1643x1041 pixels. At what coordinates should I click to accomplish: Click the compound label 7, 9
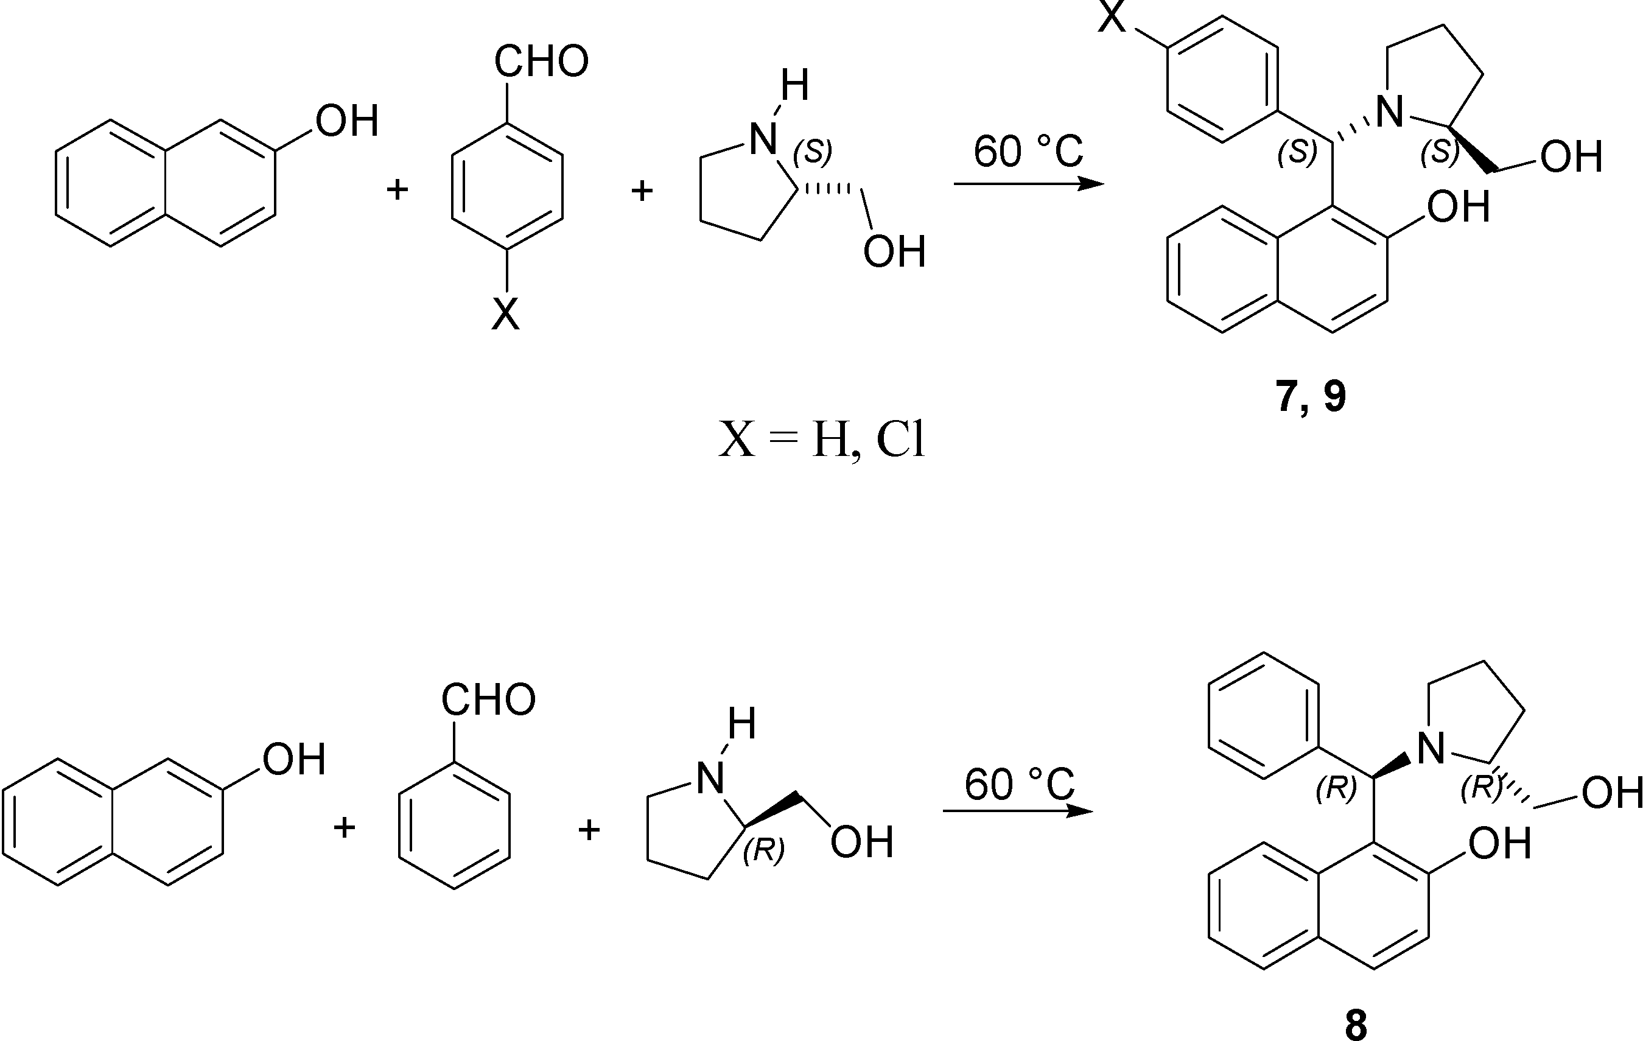click(x=1310, y=396)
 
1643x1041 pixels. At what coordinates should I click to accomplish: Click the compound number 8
click(x=1356, y=1024)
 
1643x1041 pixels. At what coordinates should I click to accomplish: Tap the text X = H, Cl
click(x=822, y=440)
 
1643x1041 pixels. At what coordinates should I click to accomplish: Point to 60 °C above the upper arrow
click(x=1028, y=152)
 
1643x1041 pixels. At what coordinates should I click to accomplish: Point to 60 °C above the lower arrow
click(x=1018, y=785)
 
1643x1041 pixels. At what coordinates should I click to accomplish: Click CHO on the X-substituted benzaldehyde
click(x=541, y=61)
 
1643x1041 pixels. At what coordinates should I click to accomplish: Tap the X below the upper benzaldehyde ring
click(x=506, y=315)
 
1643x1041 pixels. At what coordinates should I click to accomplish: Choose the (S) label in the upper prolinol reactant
click(x=812, y=152)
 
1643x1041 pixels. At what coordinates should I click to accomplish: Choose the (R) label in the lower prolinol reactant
click(x=763, y=850)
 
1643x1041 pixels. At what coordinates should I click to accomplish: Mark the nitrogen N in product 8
click(x=1431, y=748)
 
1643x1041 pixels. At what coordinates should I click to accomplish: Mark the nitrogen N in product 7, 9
click(x=1389, y=111)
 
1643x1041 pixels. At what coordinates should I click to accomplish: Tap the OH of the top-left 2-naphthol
click(x=346, y=121)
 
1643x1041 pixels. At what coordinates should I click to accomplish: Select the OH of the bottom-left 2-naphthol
click(x=294, y=759)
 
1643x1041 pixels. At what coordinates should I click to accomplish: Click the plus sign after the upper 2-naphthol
click(x=397, y=189)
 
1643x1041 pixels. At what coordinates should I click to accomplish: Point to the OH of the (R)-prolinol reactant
click(x=862, y=842)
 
